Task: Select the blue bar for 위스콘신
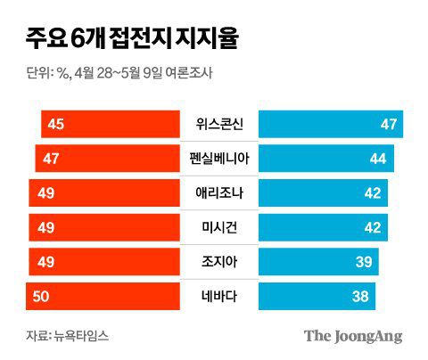[x=330, y=124]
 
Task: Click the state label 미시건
[x=219, y=227]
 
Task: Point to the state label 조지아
[x=219, y=262]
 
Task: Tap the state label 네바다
[x=219, y=296]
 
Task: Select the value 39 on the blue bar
[x=365, y=262]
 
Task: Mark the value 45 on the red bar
[x=54, y=124]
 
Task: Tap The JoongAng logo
[x=353, y=336]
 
